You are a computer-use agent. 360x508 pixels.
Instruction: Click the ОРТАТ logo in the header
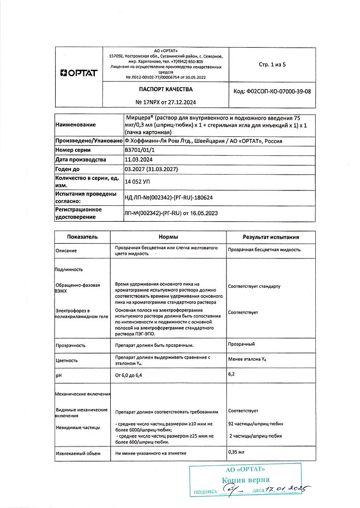click(78, 73)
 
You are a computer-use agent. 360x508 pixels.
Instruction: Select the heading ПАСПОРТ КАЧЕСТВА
click(164, 89)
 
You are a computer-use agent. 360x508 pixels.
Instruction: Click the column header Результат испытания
click(271, 237)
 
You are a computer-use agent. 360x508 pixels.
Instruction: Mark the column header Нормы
click(168, 237)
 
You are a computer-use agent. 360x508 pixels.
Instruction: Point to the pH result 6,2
click(231, 374)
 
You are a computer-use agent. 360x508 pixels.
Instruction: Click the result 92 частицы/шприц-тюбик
click(255, 425)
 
